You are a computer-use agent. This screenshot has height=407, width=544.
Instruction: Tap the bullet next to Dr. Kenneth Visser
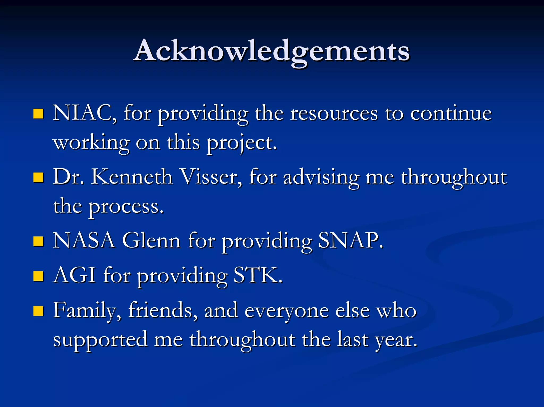(39, 177)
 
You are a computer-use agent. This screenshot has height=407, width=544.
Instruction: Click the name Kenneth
(132, 177)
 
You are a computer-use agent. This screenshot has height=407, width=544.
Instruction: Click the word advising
(321, 177)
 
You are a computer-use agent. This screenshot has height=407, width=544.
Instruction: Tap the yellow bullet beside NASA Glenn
(39, 241)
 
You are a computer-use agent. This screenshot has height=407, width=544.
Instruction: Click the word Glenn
(151, 240)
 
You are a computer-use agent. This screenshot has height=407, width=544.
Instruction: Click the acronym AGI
(74, 275)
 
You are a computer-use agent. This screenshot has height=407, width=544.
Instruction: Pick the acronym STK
(257, 275)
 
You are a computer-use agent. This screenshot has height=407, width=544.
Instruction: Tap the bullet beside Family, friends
(39, 311)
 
